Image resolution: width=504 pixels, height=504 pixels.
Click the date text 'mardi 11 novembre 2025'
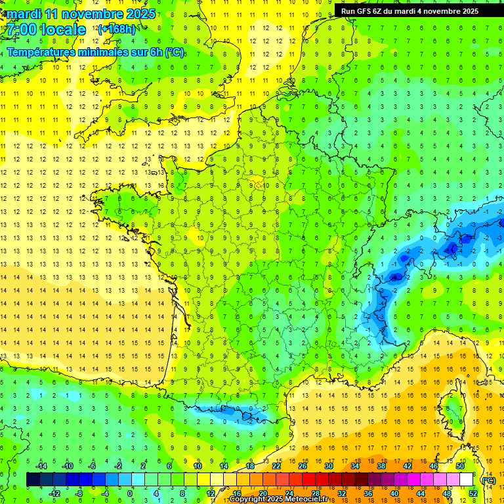[x=81, y=14]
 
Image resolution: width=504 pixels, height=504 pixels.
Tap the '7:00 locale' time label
[x=46, y=30]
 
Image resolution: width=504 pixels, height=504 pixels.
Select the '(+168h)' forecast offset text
[x=117, y=29]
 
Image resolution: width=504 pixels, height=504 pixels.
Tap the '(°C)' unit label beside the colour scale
[x=488, y=480]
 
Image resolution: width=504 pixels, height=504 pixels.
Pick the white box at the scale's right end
[x=466, y=480]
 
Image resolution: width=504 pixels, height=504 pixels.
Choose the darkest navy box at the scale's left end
[x=33, y=480]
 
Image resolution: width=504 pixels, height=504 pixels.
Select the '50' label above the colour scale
[x=460, y=466]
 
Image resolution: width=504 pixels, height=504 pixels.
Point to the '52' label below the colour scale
[x=473, y=493]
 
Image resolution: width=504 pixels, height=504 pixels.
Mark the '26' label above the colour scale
[x=302, y=466]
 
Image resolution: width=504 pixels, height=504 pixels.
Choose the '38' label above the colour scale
[x=381, y=466]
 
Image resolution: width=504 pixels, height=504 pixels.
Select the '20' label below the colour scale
[x=262, y=493]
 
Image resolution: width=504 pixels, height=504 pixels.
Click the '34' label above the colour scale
[x=355, y=466]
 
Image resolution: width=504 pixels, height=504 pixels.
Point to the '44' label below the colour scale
[x=421, y=493]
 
